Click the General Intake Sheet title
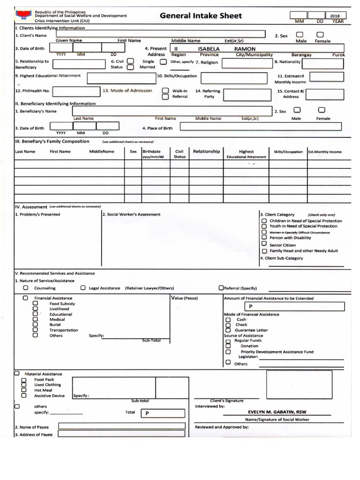pos(201,16)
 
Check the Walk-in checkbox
pos(165,90)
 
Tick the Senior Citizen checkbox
pos(264,244)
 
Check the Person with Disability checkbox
pos(264,238)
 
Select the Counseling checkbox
pos(26,288)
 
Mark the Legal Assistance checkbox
pos(83,288)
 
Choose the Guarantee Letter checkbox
pos(228,330)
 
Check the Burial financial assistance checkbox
pos(35,324)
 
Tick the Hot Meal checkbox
pos(23,390)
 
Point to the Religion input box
pos(246,63)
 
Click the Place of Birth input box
pos(262,127)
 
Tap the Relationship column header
pos(206,151)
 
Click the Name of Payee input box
pos(121,427)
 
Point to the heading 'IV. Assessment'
pos(31,207)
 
